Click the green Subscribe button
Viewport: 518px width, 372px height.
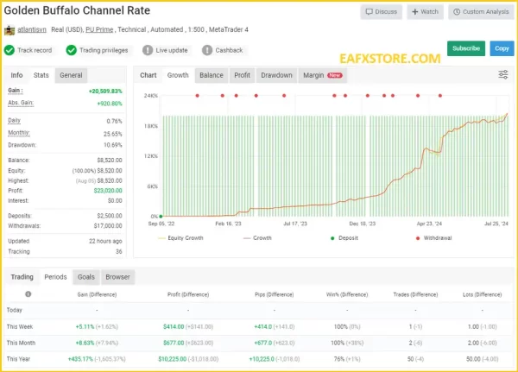click(465, 48)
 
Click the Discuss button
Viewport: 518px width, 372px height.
click(381, 12)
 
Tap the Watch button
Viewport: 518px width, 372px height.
click(426, 12)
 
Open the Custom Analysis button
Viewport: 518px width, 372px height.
click(480, 12)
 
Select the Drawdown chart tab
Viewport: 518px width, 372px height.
click(276, 75)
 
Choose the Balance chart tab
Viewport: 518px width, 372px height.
click(211, 75)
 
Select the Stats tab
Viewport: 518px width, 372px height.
click(41, 75)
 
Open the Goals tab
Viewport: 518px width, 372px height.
click(85, 277)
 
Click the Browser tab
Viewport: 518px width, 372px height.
click(117, 277)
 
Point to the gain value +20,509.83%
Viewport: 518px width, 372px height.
click(104, 91)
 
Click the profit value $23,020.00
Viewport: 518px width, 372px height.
click(107, 190)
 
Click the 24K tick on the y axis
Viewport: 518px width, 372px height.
click(150, 96)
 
